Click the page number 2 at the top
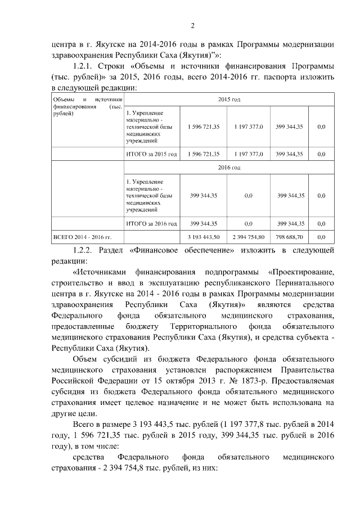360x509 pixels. tap(192, 25)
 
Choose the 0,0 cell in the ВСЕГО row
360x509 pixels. tap(321, 237)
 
